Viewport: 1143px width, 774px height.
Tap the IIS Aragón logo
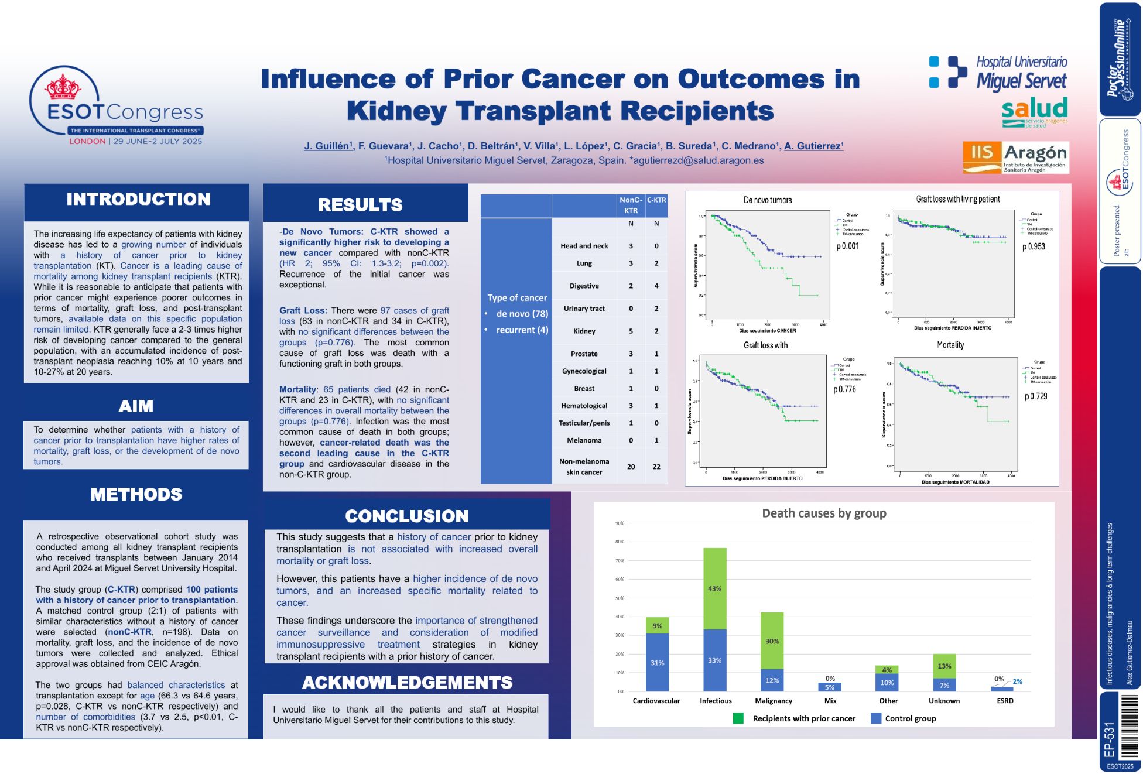1015,157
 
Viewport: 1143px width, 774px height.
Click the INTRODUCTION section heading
138,200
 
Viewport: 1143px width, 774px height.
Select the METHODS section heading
136,495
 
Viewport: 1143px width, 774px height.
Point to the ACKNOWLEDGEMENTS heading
407,683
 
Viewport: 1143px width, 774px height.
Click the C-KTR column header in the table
656,200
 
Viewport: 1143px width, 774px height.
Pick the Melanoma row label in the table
584,440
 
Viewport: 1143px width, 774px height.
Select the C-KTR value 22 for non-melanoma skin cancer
656,467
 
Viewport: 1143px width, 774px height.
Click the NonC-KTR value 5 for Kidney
631,331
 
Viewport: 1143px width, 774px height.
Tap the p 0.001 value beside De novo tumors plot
847,246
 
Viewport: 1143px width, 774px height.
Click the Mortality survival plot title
950,345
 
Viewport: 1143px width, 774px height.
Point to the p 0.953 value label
1034,247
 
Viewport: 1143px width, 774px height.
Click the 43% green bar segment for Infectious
714,588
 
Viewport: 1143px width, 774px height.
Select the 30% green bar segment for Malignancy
772,641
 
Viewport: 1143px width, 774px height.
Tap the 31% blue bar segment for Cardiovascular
657,663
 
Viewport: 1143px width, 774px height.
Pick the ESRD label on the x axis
1005,701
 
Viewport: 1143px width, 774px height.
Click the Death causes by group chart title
824,513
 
